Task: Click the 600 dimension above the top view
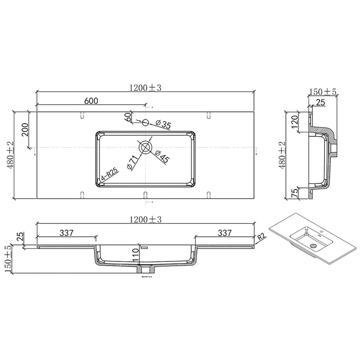91,101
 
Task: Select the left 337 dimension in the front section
67,233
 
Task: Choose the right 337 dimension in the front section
224,233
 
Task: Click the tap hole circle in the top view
145,122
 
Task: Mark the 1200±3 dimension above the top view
145,87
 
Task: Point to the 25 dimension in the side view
320,102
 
